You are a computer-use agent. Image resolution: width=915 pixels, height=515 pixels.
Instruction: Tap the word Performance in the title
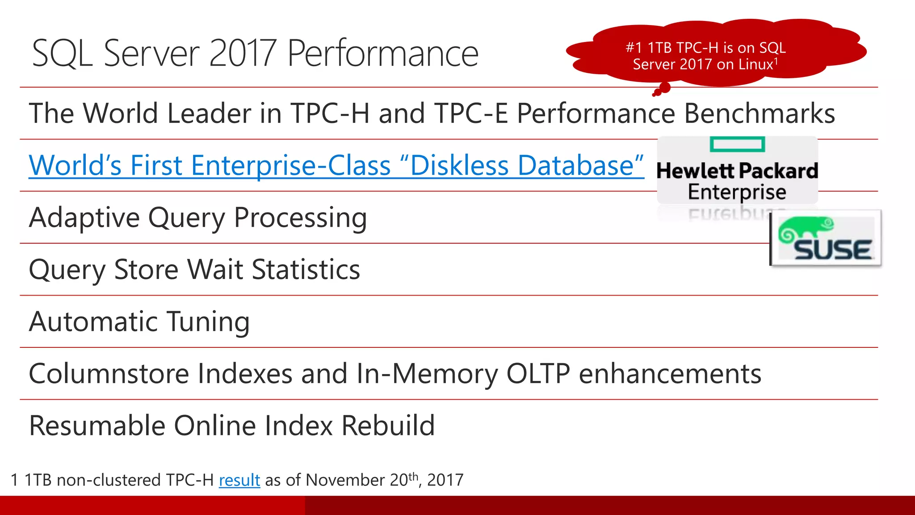pos(382,54)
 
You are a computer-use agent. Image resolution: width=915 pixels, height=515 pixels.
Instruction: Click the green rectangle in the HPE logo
pos(737,144)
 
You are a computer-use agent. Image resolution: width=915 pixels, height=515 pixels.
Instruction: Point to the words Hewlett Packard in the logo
pos(737,171)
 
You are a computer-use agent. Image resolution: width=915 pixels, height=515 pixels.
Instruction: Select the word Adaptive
pos(84,218)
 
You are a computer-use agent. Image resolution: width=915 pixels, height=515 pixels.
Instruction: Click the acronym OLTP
pos(538,374)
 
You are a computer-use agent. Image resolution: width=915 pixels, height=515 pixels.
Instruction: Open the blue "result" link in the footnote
pos(239,480)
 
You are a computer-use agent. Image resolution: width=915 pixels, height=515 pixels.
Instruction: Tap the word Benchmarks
pos(760,113)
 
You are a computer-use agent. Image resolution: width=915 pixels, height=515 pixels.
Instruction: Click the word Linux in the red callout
pos(756,64)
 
